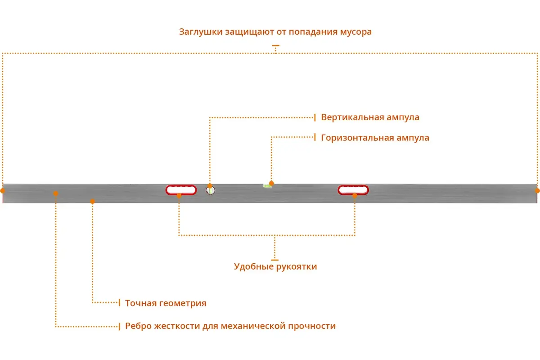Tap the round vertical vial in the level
[x=211, y=191]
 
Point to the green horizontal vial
[x=267, y=186]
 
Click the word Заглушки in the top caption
[x=201, y=32]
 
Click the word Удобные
[x=253, y=267]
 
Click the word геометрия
[x=183, y=303]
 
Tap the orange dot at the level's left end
[x=3, y=191]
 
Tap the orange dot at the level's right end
[x=537, y=191]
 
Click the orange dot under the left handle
[x=179, y=196]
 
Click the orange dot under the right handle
[x=355, y=196]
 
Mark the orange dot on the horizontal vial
[x=271, y=183]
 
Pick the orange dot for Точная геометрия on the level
[x=92, y=201]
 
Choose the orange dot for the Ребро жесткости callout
[x=56, y=193]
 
